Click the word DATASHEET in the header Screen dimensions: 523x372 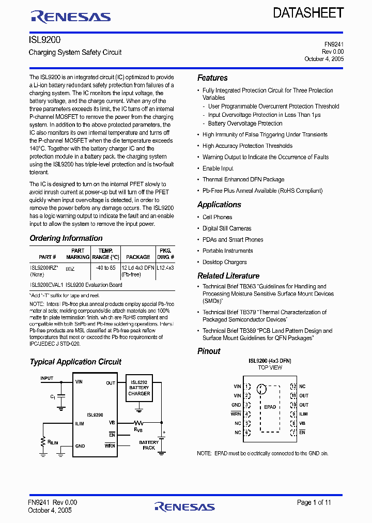click(x=308, y=13)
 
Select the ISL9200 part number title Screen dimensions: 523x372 click(x=42, y=39)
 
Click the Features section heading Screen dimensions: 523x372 click(x=212, y=78)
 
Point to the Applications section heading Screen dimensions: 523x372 click(x=219, y=205)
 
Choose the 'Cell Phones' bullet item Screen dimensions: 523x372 click(x=217, y=217)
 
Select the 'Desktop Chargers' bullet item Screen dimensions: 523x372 click(x=225, y=262)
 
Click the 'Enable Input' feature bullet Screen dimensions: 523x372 click(x=218, y=168)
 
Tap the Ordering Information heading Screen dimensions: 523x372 click(x=66, y=238)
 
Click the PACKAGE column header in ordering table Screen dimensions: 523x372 click(x=138, y=257)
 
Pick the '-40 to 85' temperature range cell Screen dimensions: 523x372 click(x=105, y=268)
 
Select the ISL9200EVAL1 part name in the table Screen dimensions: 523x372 click(x=47, y=285)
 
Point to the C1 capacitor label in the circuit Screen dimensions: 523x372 click(x=53, y=396)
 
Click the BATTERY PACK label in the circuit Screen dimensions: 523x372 click(x=149, y=445)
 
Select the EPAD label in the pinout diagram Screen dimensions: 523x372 click(x=270, y=407)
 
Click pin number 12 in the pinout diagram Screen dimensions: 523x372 click(x=293, y=387)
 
